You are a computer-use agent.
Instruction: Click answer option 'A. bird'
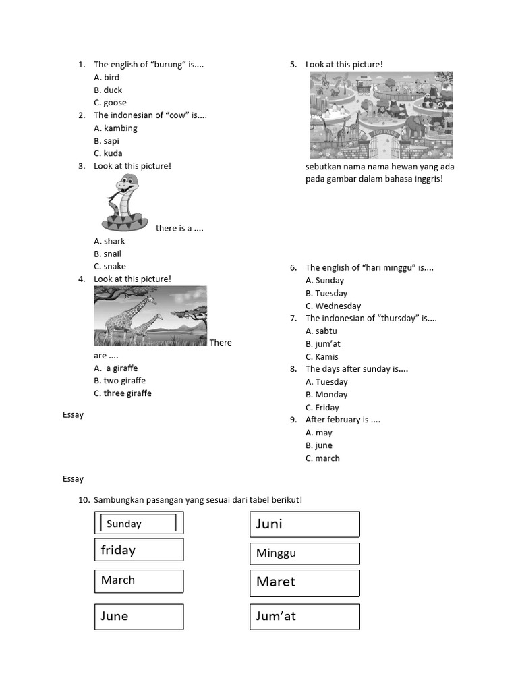(107, 78)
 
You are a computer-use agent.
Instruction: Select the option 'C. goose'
(110, 103)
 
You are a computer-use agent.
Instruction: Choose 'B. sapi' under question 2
(108, 141)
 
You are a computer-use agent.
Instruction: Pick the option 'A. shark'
(109, 241)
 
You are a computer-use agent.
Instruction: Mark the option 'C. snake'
(110, 267)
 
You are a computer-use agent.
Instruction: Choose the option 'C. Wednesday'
(333, 306)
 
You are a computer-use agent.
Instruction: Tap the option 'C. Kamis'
(322, 356)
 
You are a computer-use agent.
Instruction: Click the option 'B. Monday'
(326, 395)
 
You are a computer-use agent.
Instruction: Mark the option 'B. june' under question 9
(318, 445)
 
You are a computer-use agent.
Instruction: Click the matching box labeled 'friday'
(139, 550)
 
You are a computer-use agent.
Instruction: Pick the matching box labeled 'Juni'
(304, 524)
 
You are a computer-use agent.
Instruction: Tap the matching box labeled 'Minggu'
(304, 553)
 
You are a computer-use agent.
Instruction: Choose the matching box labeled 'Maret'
(304, 582)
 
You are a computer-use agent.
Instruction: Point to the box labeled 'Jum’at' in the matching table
(304, 616)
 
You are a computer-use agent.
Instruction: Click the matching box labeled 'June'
(139, 616)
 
